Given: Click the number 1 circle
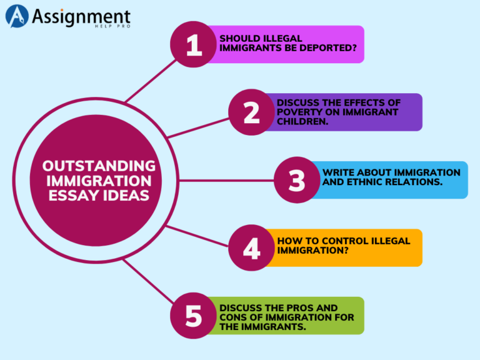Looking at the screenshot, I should click(194, 44).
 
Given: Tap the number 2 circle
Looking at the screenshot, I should click(251, 112).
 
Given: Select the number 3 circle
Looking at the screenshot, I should click(297, 180).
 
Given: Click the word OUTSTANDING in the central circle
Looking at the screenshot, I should click(99, 166).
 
